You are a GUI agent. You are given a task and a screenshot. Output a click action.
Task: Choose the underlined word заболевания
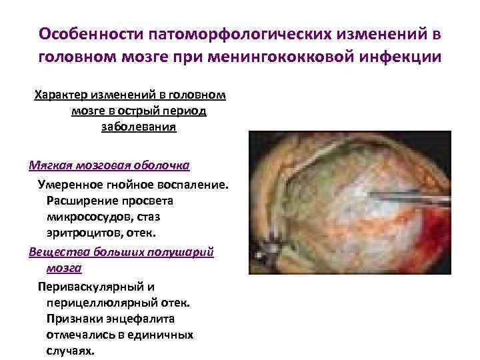(x=139, y=127)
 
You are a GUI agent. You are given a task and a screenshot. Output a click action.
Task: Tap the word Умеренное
(x=71, y=183)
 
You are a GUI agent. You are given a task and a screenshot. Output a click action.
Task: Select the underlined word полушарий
(x=184, y=251)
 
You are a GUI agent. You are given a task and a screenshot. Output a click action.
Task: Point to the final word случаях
(x=71, y=351)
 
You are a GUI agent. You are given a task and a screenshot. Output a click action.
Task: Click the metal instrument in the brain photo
(x=400, y=196)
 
